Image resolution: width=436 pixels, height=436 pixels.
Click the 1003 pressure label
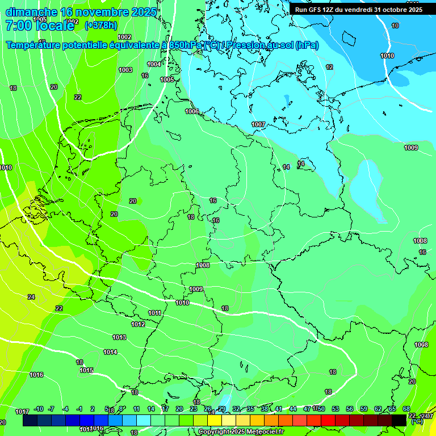(125, 70)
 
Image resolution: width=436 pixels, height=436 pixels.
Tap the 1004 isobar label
(154, 64)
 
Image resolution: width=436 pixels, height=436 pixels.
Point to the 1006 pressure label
(192, 111)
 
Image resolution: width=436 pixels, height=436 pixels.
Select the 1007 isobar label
(258, 124)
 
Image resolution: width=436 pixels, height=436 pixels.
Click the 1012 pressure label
(138, 324)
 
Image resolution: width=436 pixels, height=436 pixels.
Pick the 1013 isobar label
(119, 337)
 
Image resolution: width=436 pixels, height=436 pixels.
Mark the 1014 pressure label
(110, 352)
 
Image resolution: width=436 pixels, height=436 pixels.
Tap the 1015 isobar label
(86, 370)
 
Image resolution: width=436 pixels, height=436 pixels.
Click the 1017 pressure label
(22, 412)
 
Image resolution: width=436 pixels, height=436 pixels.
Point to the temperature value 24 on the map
(31, 297)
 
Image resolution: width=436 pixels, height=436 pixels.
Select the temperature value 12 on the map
(329, 67)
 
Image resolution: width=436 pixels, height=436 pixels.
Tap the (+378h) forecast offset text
(100, 25)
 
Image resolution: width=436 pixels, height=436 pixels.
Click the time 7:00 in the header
(19, 25)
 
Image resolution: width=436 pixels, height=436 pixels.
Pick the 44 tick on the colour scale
(293, 409)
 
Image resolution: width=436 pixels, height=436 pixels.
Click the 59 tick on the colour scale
(364, 409)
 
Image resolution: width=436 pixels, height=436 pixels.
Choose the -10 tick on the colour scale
(39, 409)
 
